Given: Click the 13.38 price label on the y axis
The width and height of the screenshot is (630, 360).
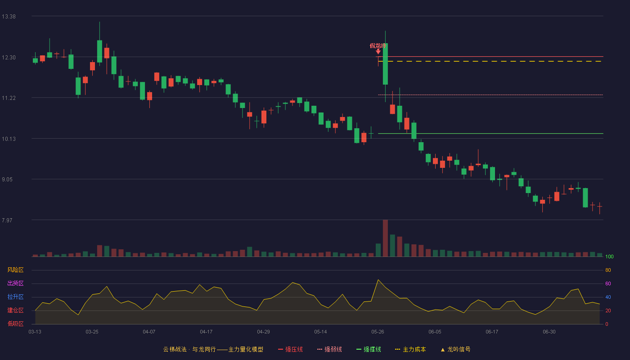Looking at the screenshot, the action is pos(9,17).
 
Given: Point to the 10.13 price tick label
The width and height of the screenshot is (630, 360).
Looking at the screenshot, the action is pos(9,139).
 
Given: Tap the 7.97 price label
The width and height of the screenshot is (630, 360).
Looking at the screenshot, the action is pos(7,220).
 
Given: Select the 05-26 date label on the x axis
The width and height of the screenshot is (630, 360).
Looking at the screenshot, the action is pos(378,332).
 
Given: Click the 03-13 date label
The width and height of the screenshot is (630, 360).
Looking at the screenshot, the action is pos(35,332).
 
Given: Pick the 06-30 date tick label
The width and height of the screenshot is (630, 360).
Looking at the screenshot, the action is pos(549,332).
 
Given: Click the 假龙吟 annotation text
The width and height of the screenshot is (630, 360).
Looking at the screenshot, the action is pos(378,45).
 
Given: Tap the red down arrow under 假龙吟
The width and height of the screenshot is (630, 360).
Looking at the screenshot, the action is pos(378,51).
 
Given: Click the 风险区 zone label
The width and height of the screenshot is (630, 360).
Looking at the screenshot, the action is pos(15,270).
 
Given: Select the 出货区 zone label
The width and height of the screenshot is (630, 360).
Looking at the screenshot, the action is pos(15,283).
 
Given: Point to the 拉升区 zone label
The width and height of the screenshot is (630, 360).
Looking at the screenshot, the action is pos(15,297).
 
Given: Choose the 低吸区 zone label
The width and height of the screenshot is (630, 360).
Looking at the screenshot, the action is pos(15,324).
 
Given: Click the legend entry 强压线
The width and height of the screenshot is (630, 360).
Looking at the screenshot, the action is pos(291,349).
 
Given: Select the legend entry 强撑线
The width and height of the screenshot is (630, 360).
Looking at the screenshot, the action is pos(369,349).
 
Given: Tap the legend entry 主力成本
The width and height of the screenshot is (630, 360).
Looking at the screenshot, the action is pos(410,349).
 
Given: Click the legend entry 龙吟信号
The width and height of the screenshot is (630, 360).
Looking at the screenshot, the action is pos(455,349).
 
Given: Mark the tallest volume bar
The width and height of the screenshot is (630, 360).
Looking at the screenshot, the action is pos(385,238).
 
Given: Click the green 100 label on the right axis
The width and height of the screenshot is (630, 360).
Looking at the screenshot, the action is pos(609,256).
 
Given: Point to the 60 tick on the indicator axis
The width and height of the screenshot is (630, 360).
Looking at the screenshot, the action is pos(608,283).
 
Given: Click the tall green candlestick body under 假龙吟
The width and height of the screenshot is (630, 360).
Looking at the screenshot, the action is pos(385,64).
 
